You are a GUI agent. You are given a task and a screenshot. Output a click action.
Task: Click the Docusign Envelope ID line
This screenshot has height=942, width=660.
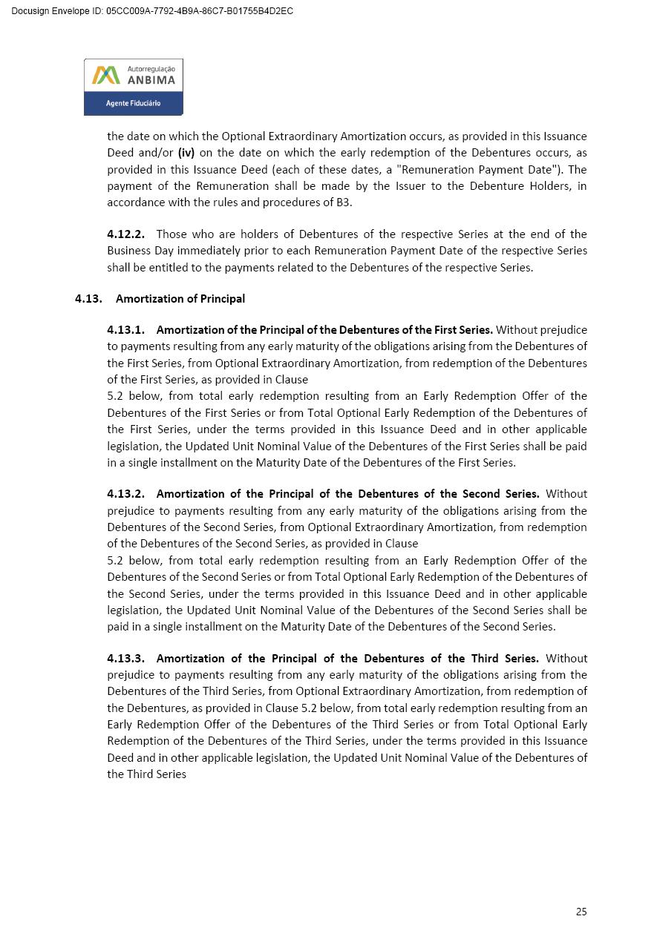152,11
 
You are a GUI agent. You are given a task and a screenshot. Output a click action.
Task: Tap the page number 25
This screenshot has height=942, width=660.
581,912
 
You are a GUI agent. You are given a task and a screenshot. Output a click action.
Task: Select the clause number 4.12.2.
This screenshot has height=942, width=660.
125,234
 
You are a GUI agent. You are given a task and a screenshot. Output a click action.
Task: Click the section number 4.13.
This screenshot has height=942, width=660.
88,298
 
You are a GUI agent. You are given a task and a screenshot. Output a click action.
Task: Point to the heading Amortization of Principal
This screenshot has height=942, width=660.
180,298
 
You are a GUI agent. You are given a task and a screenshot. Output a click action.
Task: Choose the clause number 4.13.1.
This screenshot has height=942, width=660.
125,329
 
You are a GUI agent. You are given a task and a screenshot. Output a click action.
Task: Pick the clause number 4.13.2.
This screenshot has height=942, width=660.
125,493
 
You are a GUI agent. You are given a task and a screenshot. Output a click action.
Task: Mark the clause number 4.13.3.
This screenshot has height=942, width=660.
125,658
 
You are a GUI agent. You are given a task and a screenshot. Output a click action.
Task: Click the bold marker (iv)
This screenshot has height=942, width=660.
186,153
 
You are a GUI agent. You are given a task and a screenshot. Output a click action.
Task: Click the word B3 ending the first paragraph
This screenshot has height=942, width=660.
344,202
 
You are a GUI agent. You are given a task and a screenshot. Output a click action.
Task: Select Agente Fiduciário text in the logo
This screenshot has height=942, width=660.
133,103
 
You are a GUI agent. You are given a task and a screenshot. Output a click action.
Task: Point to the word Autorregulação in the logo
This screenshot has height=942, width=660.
151,69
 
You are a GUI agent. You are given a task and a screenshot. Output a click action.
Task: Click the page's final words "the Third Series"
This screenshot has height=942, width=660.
146,774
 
